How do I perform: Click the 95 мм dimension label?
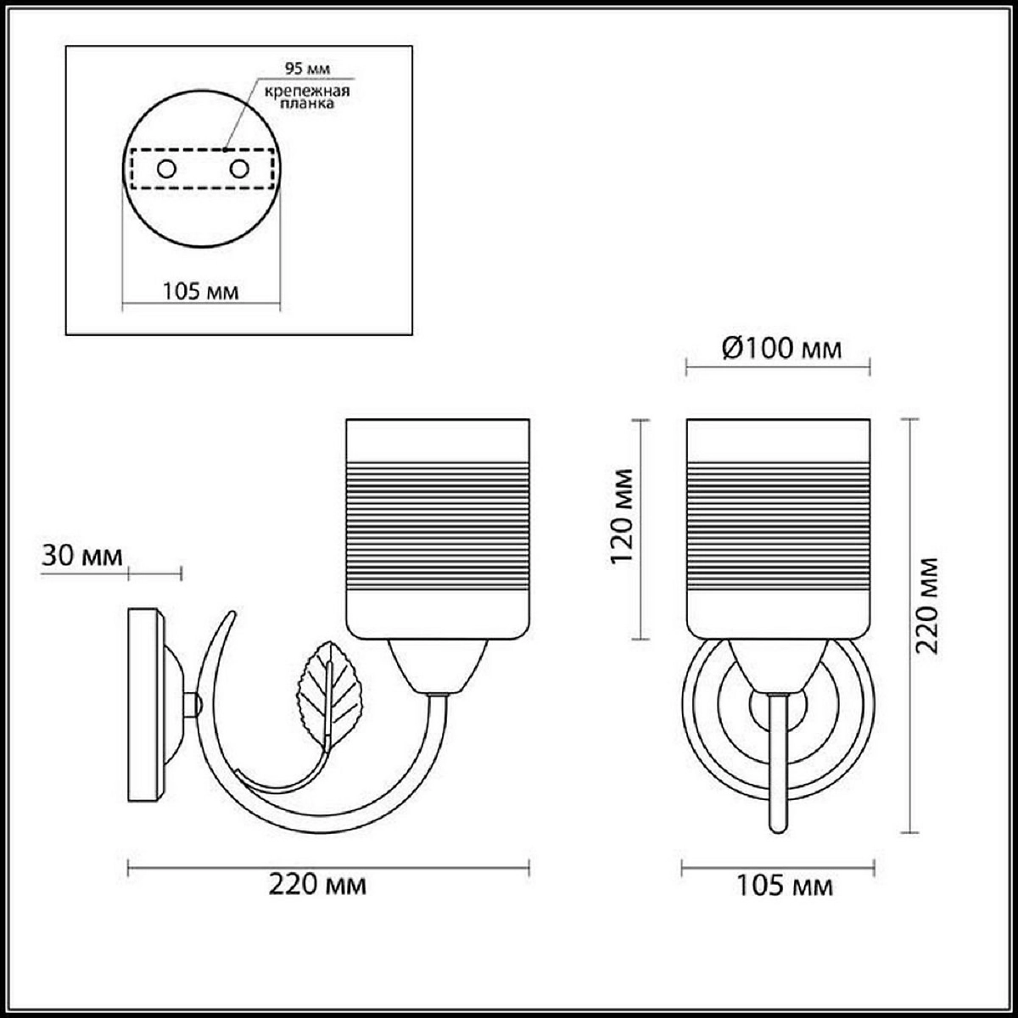[307, 69]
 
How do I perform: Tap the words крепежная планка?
[307, 97]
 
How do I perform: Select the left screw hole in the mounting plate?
[166, 170]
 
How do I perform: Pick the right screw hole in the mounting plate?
[239, 170]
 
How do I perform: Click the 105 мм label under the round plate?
[200, 291]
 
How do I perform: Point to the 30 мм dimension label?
[82, 557]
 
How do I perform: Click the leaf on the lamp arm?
[329, 694]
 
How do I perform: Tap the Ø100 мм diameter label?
[781, 350]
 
